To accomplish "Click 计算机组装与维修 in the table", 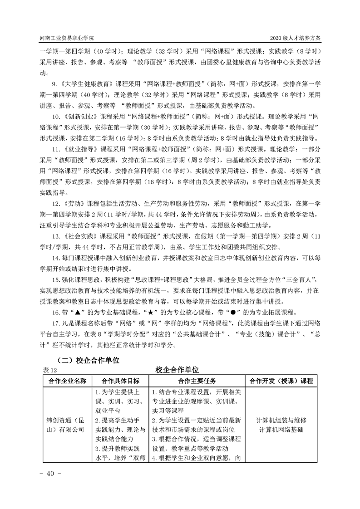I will pyautogui.click(x=281, y=420).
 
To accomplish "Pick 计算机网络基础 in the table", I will pyautogui.click(x=281, y=429).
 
